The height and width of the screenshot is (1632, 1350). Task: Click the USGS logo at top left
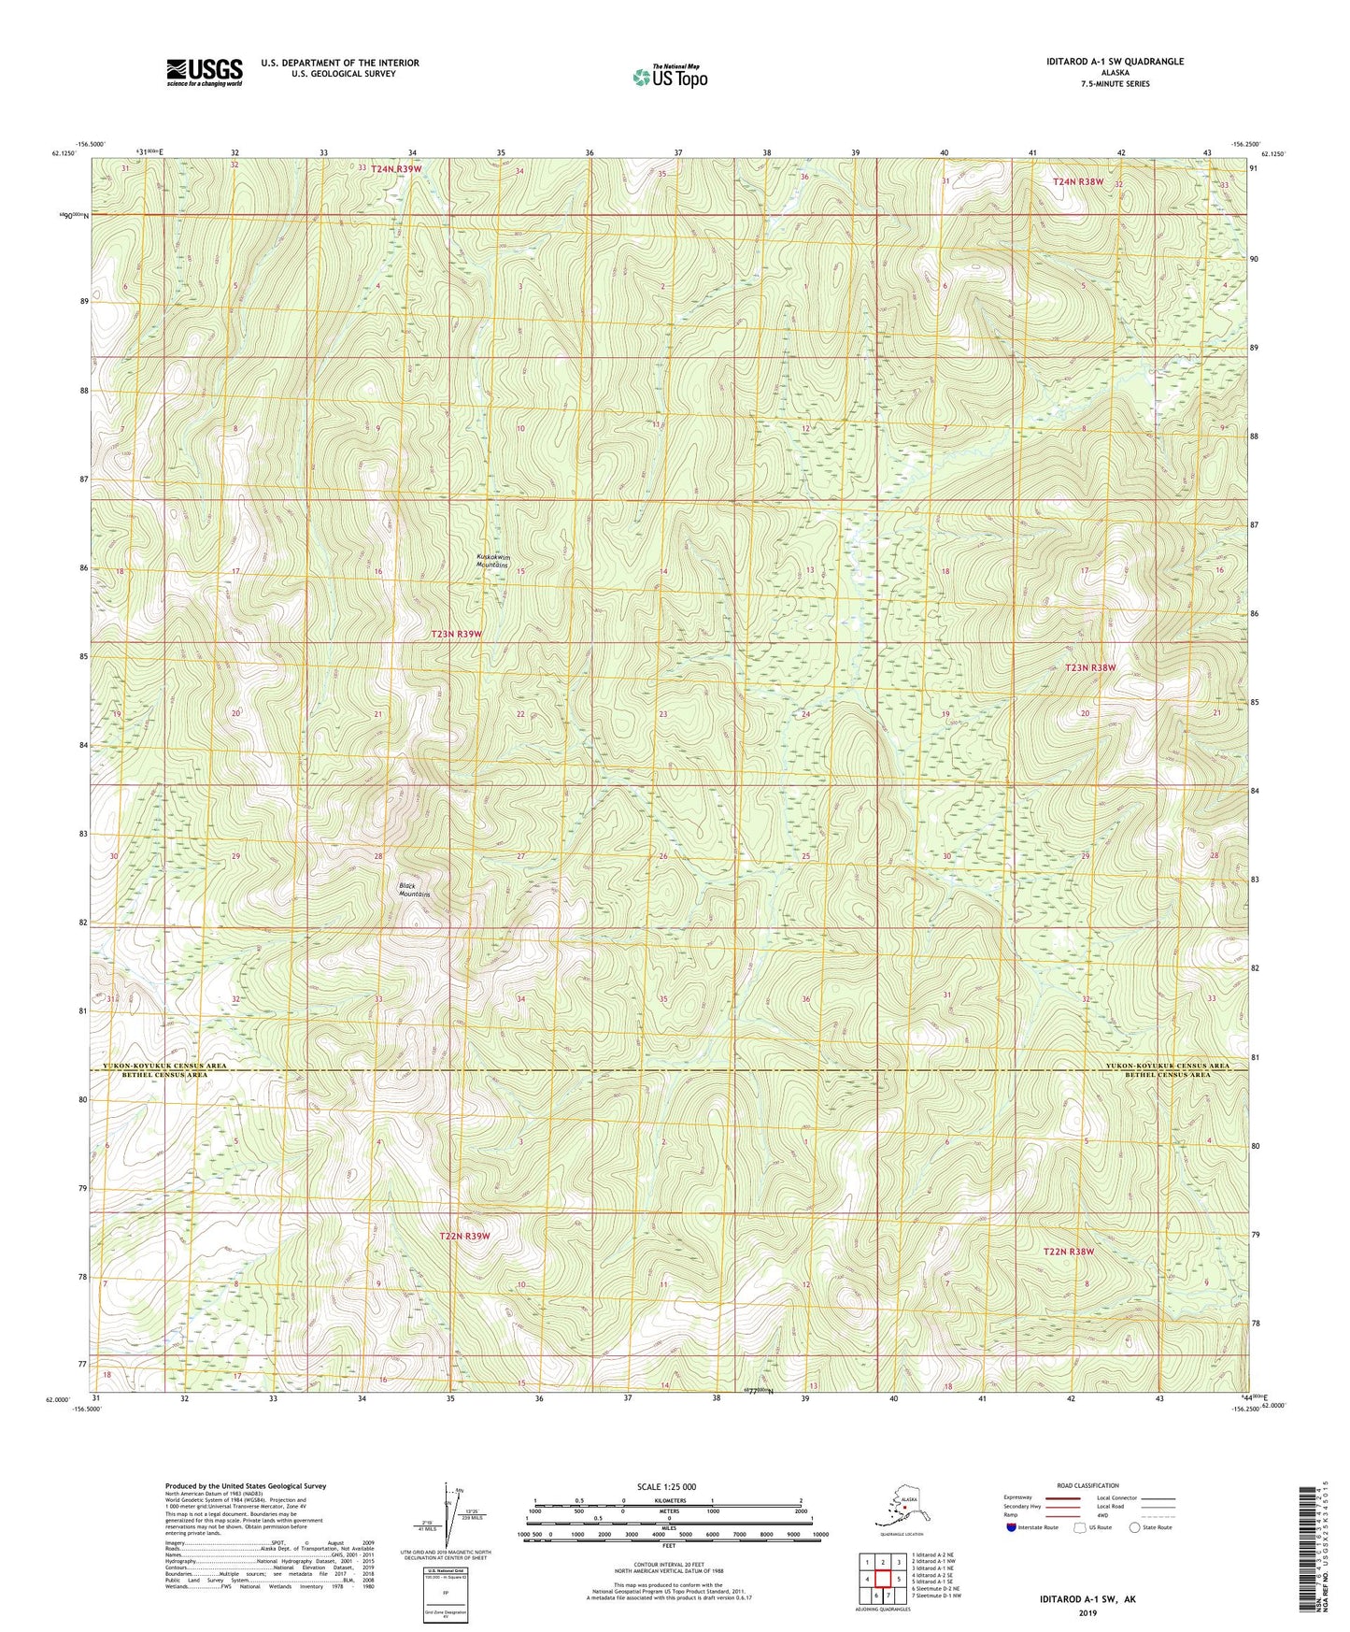coord(205,71)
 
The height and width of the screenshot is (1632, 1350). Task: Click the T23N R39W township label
coord(456,634)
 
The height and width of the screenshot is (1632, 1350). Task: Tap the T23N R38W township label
coord(1090,668)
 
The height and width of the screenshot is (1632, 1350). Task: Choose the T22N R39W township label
coord(464,1236)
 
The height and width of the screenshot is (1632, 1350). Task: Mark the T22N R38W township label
coord(1068,1251)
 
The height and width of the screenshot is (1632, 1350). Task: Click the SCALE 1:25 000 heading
coord(667,1486)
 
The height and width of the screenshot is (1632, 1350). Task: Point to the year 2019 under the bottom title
coord(1087,1613)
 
